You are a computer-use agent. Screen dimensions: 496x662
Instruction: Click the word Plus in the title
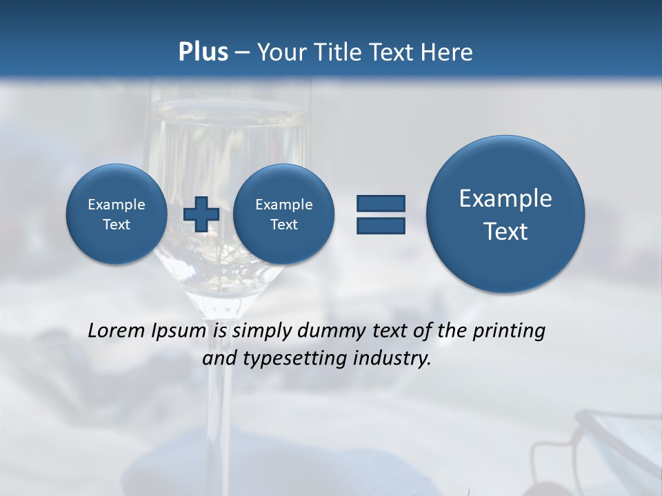pos(203,52)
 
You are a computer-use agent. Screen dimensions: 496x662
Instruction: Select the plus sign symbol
pos(201,214)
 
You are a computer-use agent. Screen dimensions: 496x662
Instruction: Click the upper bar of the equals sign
pos(381,203)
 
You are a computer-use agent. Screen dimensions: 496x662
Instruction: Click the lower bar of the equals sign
pos(381,226)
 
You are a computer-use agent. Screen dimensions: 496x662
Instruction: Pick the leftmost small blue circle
pos(117,214)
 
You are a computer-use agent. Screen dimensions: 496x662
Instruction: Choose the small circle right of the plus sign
pos(283,214)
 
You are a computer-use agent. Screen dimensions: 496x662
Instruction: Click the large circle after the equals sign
pos(505,214)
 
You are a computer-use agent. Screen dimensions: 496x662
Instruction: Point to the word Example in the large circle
pos(505,198)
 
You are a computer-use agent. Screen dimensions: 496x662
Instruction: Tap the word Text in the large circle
pos(505,231)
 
